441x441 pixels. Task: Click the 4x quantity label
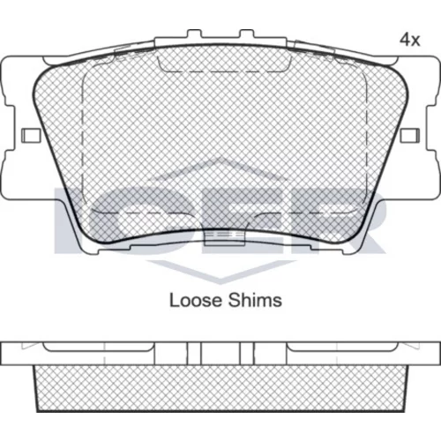click(x=409, y=40)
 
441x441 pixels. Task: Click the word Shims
click(x=255, y=301)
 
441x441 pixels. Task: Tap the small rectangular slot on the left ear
click(x=31, y=135)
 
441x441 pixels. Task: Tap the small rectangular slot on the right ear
click(x=409, y=135)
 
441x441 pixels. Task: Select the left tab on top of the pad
click(x=194, y=34)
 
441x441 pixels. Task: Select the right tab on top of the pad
click(x=246, y=34)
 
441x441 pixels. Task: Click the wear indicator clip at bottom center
click(x=225, y=237)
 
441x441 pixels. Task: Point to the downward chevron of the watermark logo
click(x=221, y=272)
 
